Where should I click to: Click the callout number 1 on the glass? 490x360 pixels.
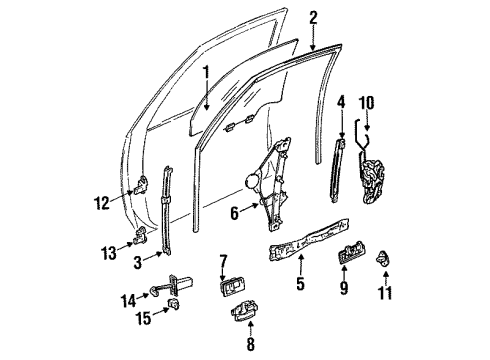point(206,73)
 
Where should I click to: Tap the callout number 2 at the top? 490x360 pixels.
point(313,17)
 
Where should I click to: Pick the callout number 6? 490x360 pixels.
point(235,211)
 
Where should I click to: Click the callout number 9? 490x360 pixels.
point(343,292)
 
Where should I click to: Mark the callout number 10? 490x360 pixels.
point(368,103)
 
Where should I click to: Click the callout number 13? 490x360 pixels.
point(107,251)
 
